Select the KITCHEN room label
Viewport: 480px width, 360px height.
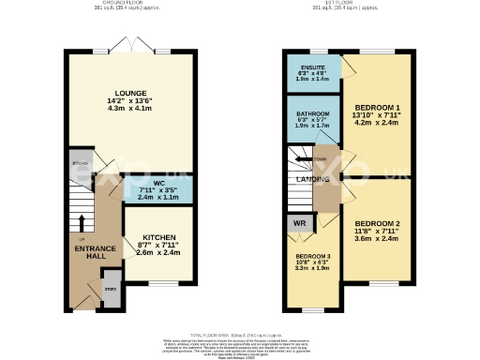(158, 238)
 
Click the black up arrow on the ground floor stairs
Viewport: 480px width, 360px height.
(81, 223)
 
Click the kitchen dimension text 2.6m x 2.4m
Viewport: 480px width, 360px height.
(158, 253)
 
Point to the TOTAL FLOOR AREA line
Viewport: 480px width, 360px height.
(240, 335)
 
